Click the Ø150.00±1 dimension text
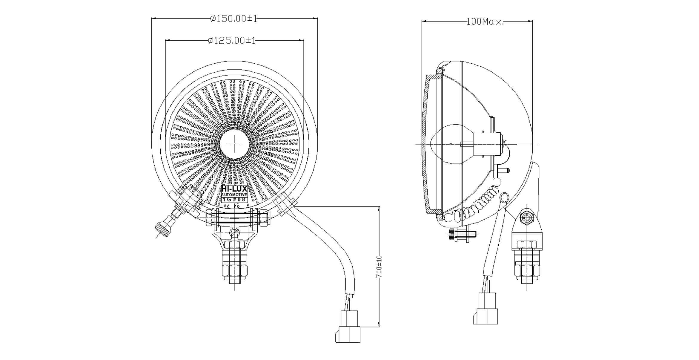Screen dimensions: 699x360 233,19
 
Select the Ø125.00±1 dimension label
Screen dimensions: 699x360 232,41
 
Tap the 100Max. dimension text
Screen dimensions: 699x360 485,22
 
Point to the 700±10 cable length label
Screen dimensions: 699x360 379,266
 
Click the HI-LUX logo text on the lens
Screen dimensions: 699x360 234,189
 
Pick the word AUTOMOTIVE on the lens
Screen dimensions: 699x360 234,195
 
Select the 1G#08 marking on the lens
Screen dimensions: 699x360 234,200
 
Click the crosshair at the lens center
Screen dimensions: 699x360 235,144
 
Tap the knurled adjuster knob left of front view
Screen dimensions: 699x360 162,229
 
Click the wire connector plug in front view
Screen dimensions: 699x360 348,327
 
